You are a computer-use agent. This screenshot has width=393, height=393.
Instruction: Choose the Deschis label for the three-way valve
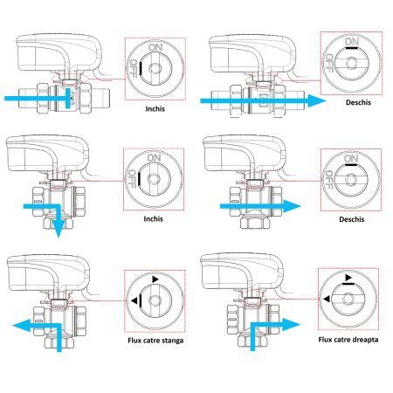pyautogui.click(x=353, y=219)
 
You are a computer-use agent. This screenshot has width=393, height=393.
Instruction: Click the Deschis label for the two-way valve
pyautogui.click(x=353, y=111)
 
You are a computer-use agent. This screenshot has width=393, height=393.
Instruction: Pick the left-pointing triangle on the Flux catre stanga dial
pyautogui.click(x=137, y=300)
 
